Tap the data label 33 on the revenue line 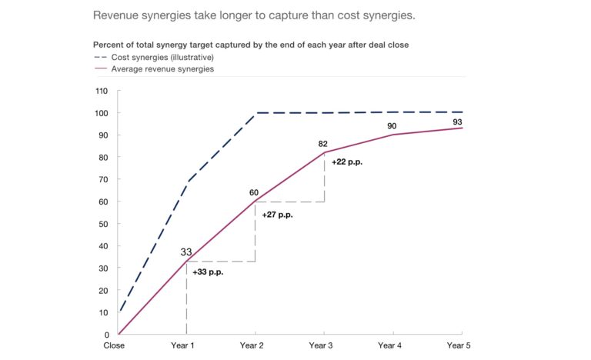click(x=185, y=252)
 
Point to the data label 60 click(x=255, y=192)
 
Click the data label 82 click(x=323, y=144)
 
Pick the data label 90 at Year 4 click(x=392, y=126)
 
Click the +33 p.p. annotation click(x=208, y=273)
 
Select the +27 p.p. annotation click(x=277, y=215)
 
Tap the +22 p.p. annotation click(x=348, y=163)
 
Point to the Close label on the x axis click(x=115, y=346)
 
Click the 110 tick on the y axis click(x=101, y=91)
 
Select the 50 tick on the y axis click(x=103, y=224)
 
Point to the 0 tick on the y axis click(x=105, y=335)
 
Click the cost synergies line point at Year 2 click(x=255, y=113)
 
